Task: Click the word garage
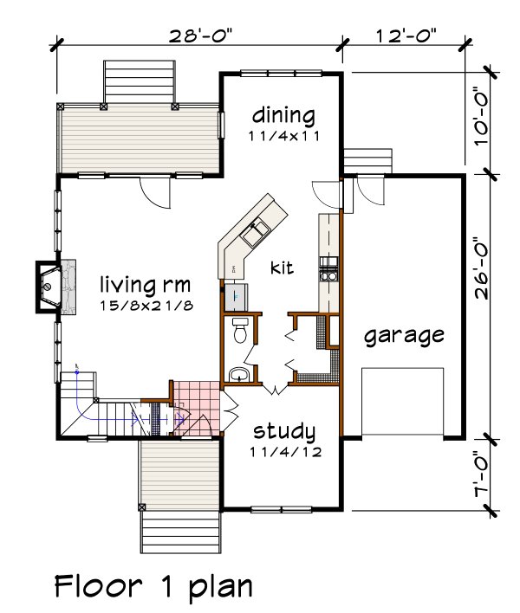[404, 336]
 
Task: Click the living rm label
[144, 284]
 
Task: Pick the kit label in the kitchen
[283, 268]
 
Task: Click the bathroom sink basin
[240, 374]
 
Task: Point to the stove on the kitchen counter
[329, 268]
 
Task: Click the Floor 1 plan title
[153, 586]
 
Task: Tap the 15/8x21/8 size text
[144, 306]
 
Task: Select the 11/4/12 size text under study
[283, 452]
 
